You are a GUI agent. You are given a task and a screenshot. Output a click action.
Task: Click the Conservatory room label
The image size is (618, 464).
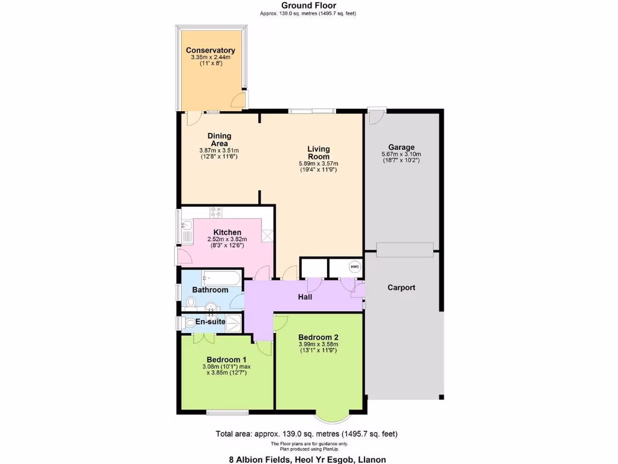pyautogui.click(x=210, y=50)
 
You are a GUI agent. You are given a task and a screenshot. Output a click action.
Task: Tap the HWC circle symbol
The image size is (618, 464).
pyautogui.click(x=354, y=266)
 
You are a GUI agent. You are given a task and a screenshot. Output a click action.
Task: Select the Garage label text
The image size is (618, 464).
pyautogui.click(x=401, y=147)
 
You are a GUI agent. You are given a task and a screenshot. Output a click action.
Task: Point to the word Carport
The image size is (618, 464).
pyautogui.click(x=401, y=288)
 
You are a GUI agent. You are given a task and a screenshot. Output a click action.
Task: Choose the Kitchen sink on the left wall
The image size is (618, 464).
pyautogui.click(x=186, y=229)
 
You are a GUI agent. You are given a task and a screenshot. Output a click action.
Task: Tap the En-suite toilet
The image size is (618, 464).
pyautogui.click(x=190, y=322)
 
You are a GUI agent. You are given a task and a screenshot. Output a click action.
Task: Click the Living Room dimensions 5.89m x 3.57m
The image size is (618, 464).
pyautogui.click(x=318, y=163)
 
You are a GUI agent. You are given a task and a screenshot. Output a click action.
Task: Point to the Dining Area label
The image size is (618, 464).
pyautogui.click(x=219, y=140)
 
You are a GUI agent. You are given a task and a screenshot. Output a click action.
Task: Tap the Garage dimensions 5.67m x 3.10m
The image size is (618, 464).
pyautogui.click(x=401, y=154)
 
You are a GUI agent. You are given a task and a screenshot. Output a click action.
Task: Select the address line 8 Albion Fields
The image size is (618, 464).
pyautogui.click(x=307, y=459)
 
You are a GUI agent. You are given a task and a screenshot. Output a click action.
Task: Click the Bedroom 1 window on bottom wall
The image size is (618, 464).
pyautogui.click(x=227, y=413)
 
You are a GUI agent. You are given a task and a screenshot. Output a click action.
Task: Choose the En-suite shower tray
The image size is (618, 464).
pyautogui.click(x=234, y=321)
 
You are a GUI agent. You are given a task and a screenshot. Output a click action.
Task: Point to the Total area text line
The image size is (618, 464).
pyautogui.click(x=307, y=434)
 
